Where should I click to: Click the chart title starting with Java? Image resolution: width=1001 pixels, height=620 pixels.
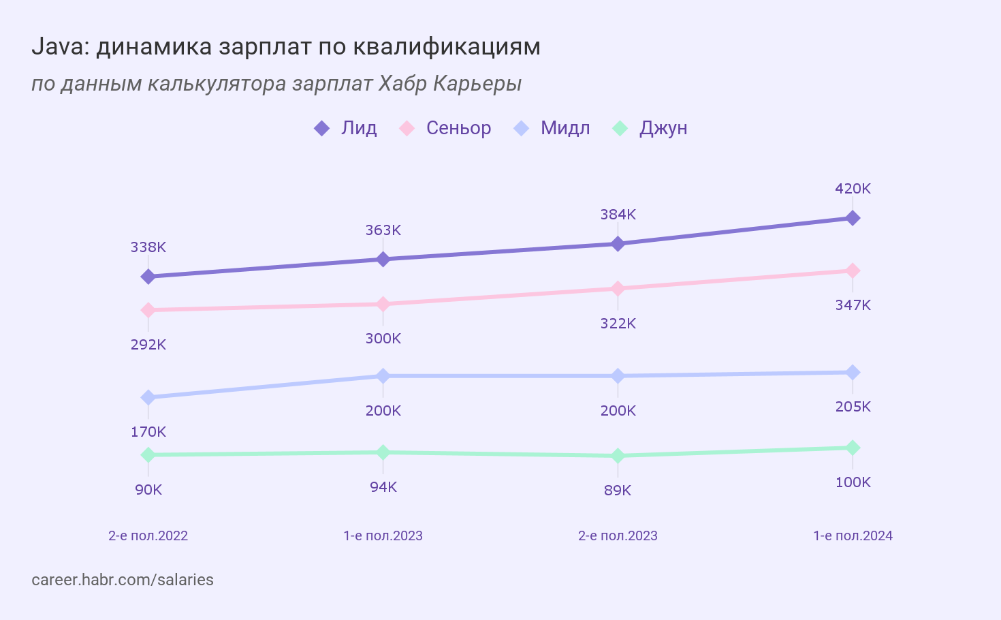[x=286, y=46]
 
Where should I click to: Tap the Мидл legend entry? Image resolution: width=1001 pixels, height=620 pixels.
[x=552, y=128]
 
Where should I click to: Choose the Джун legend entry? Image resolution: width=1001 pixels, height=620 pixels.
[x=650, y=128]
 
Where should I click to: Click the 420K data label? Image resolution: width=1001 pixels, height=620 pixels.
[x=853, y=189]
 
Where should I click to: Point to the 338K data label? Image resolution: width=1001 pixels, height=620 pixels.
[x=148, y=247]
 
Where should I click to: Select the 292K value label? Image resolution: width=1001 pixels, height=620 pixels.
[x=148, y=345]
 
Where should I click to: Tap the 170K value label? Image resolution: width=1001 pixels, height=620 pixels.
[x=148, y=432]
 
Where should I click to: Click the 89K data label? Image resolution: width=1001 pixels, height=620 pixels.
[x=618, y=491]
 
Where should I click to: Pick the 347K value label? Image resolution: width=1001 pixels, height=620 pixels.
[x=853, y=305]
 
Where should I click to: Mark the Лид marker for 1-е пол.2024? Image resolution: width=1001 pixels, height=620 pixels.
[x=853, y=218]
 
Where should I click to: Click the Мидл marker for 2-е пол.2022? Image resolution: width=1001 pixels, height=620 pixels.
[x=148, y=397]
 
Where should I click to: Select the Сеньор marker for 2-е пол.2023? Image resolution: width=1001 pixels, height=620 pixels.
[x=618, y=289]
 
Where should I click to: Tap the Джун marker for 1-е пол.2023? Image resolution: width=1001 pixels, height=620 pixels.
[x=383, y=452]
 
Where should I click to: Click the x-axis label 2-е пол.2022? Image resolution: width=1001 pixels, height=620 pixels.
[x=148, y=536]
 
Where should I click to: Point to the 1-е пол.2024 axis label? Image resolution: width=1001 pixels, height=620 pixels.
[x=853, y=536]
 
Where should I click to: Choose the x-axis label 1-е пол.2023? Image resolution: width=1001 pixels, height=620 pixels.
[x=383, y=536]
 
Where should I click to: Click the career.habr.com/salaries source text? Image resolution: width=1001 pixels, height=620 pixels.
[x=123, y=580]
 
